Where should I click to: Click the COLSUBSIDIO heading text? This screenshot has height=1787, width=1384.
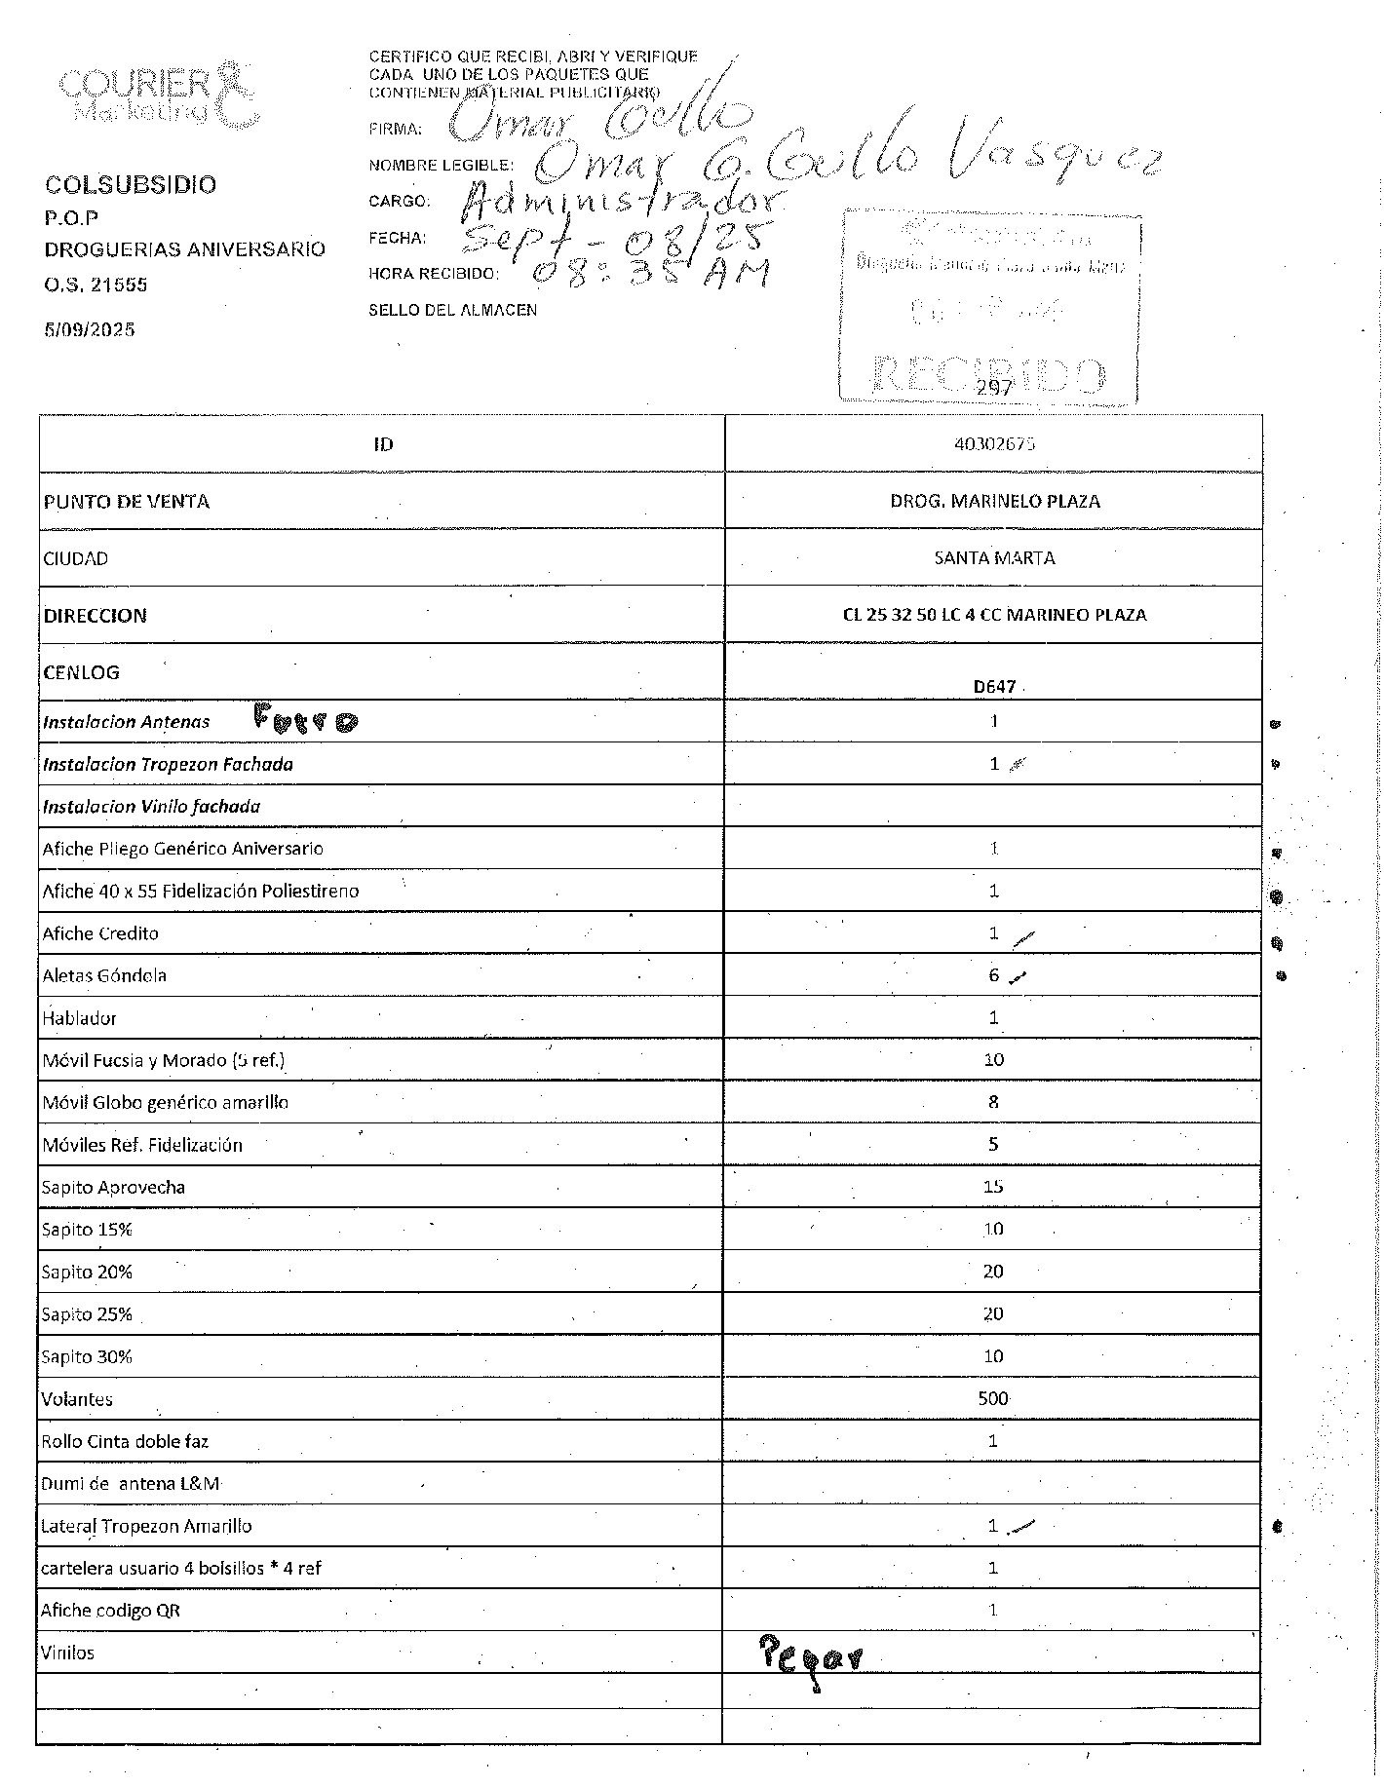point(131,185)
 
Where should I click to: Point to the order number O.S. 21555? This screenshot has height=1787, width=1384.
point(96,285)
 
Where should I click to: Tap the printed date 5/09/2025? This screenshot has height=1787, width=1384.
point(89,329)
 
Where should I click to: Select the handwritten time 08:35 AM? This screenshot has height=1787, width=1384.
point(649,272)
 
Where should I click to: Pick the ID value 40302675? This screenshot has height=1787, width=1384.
point(994,444)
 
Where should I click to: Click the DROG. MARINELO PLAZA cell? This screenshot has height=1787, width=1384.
point(994,501)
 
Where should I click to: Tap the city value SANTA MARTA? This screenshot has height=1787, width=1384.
point(994,558)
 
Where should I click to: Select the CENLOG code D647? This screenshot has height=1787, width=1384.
point(994,686)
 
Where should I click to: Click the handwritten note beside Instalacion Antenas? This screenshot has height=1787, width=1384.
point(305,720)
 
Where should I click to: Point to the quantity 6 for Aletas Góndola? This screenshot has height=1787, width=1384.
point(993,975)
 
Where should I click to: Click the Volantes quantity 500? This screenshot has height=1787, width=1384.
point(993,1398)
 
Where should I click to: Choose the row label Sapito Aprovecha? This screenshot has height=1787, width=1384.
point(113,1187)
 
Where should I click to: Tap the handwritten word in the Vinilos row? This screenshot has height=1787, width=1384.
point(810,1654)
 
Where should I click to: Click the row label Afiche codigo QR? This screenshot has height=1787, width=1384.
point(110,1611)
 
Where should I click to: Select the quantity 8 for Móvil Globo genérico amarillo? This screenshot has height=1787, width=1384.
point(993,1102)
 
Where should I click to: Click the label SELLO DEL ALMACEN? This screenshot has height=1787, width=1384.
point(452,310)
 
